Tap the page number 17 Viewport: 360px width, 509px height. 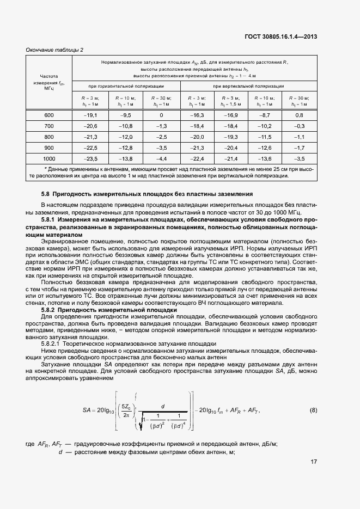pyautogui.click(x=314, y=462)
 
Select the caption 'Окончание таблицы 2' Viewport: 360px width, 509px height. pyautogui.click(x=54, y=50)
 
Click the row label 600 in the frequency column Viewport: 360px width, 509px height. pyautogui.click(x=49, y=115)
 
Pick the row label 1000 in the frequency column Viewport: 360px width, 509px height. pyautogui.click(x=49, y=158)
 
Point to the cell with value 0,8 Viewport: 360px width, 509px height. pyautogui.click(x=298, y=115)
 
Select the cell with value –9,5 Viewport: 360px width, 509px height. pyautogui.click(x=126, y=115)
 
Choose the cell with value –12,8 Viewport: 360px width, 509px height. pyautogui.click(x=126, y=148)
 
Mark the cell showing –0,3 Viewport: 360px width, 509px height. pyautogui.click(x=298, y=126)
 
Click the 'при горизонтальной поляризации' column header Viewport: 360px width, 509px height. pyautogui.click(x=126, y=86)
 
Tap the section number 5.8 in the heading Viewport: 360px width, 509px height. pyautogui.click(x=46, y=194)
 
